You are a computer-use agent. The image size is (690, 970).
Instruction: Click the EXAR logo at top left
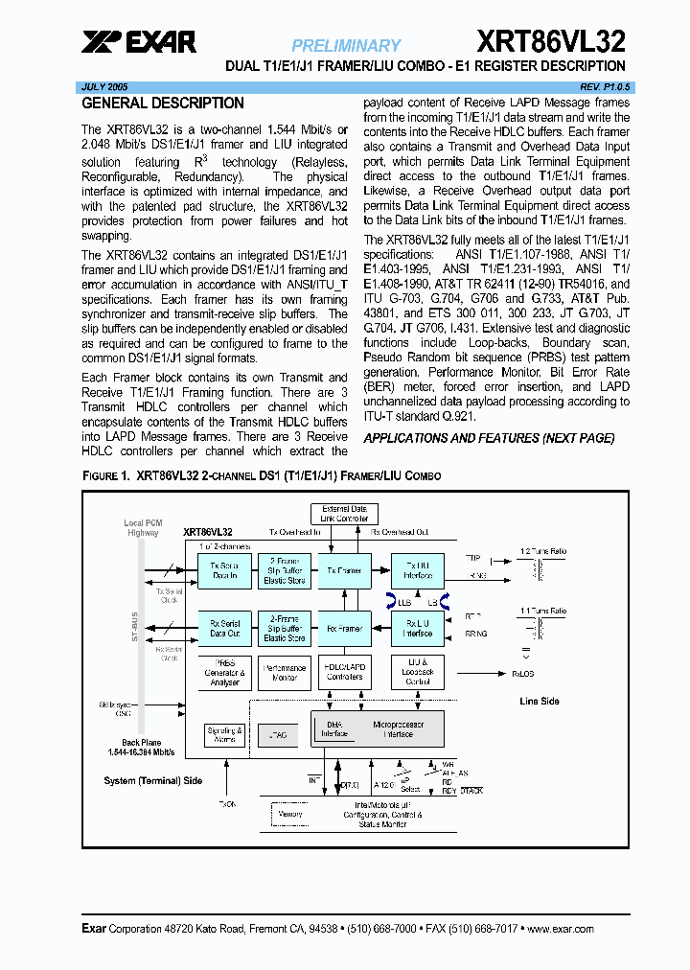pyautogui.click(x=138, y=41)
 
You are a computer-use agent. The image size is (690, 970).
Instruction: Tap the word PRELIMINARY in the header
pyautogui.click(x=346, y=45)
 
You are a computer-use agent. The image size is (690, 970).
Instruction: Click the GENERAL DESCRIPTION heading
pyautogui.click(x=163, y=104)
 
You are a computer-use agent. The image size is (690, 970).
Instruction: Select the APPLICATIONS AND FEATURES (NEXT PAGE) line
pyautogui.click(x=489, y=438)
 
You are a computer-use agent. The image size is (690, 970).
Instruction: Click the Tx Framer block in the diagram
pyautogui.click(x=344, y=570)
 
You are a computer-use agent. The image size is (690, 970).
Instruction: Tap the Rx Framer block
pyautogui.click(x=344, y=629)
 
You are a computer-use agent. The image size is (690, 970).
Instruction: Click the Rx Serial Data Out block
pyautogui.click(x=225, y=629)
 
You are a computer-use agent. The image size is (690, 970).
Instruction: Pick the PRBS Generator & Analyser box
pyautogui.click(x=225, y=673)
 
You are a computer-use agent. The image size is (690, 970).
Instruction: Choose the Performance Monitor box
pyautogui.click(x=285, y=673)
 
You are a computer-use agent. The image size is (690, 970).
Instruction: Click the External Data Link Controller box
pyautogui.click(x=344, y=514)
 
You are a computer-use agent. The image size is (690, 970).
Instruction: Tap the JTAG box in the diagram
pyautogui.click(x=279, y=734)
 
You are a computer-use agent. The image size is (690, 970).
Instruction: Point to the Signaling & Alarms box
pyautogui.click(x=225, y=734)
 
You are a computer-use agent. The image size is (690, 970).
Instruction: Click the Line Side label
pyautogui.click(x=540, y=702)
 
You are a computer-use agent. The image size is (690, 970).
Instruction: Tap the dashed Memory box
pyautogui.click(x=289, y=814)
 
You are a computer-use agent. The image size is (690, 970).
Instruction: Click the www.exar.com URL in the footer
pyautogui.click(x=561, y=929)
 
